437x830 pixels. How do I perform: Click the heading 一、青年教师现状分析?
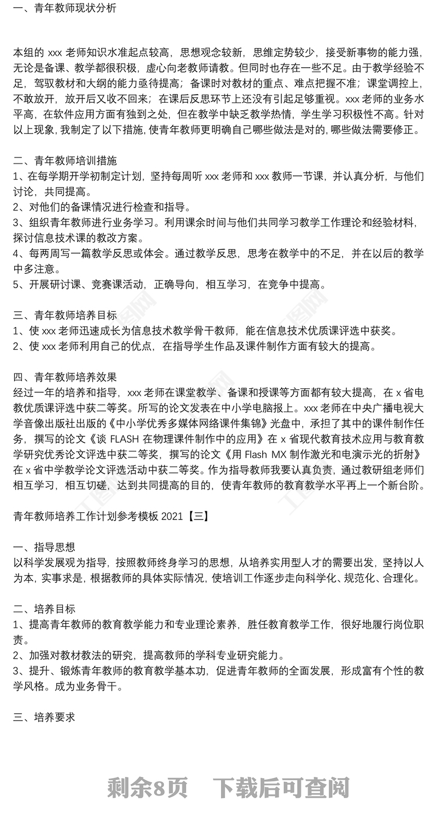click(x=64, y=8)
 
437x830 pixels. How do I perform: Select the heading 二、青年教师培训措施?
click(x=64, y=161)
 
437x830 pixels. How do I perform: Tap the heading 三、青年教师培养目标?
click(x=64, y=315)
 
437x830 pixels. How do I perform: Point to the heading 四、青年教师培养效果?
click(x=64, y=377)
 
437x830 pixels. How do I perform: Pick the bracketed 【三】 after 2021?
click(x=198, y=516)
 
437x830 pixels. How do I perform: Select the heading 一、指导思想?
click(x=44, y=547)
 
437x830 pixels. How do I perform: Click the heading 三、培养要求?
click(x=44, y=717)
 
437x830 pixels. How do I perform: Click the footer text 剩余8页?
click(x=148, y=788)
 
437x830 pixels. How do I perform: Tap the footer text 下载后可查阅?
click(x=281, y=788)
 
